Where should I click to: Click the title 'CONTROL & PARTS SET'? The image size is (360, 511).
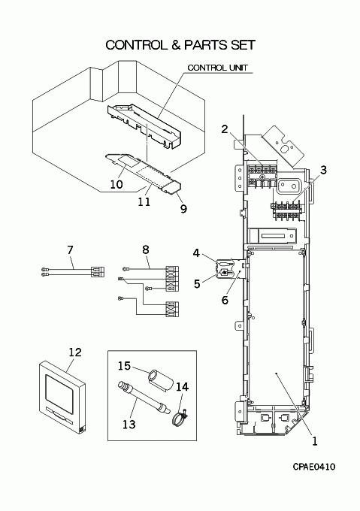[180, 45]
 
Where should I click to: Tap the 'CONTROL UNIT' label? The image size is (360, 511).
[218, 68]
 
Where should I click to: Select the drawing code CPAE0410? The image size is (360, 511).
[313, 467]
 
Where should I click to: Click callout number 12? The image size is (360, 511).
[75, 352]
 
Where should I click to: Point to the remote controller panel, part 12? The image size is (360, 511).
[63, 397]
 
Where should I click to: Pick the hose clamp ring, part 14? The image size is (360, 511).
[180, 419]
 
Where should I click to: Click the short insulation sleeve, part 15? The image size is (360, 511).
[160, 380]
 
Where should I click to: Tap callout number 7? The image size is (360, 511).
[70, 250]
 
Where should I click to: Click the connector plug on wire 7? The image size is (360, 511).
[98, 272]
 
